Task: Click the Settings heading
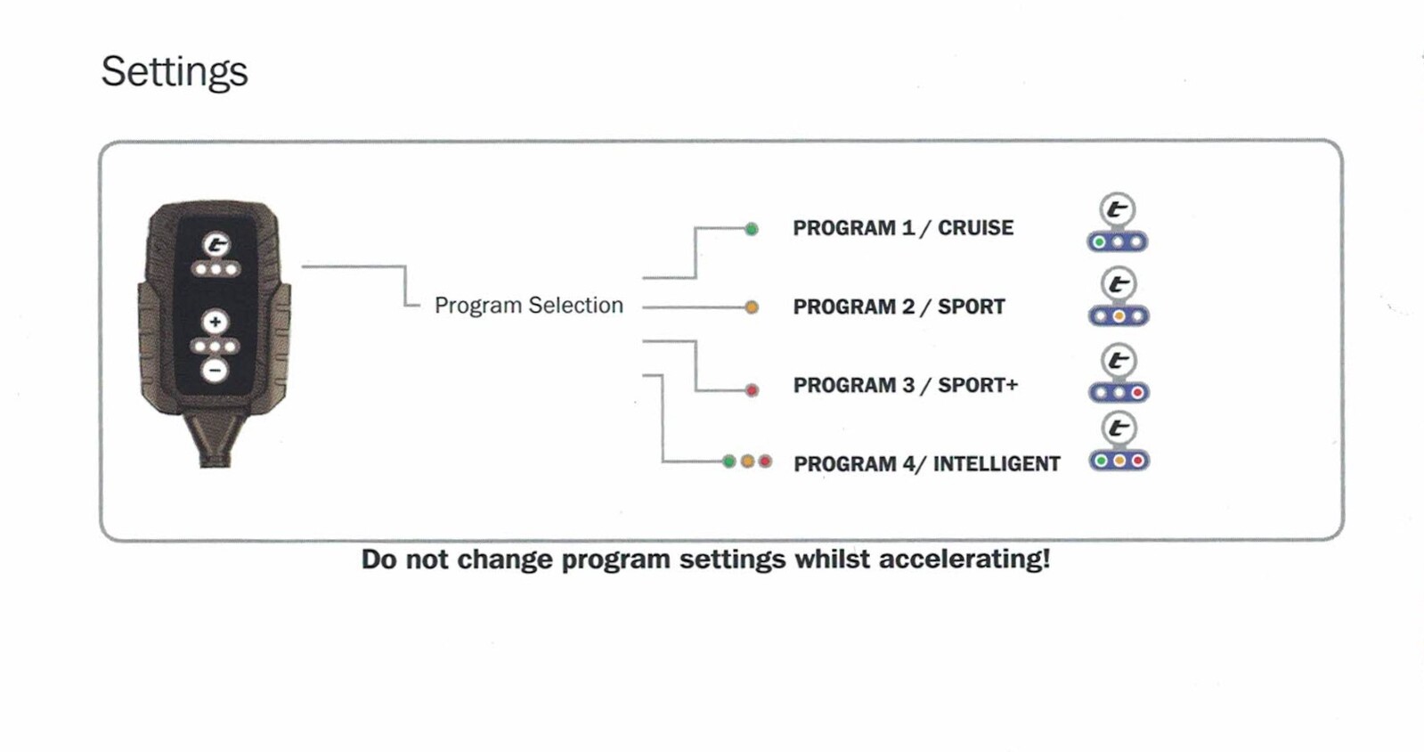[x=175, y=72]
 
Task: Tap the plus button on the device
[x=215, y=322]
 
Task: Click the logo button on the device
[x=216, y=244]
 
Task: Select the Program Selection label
[x=529, y=306]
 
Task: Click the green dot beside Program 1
[x=752, y=229]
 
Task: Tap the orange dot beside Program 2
[x=752, y=308]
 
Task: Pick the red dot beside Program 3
[x=752, y=390]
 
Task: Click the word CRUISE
[x=976, y=228]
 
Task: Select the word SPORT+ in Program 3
[x=978, y=385]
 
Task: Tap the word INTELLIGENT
[x=997, y=464]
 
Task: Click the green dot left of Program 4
[x=729, y=462]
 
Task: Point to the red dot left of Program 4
[x=765, y=462]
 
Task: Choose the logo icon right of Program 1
[x=1118, y=209]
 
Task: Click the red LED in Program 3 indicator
[x=1137, y=393]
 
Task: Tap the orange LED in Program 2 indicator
[x=1119, y=316]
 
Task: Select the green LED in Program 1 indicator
[x=1099, y=241]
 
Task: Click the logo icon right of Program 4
[x=1119, y=429]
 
